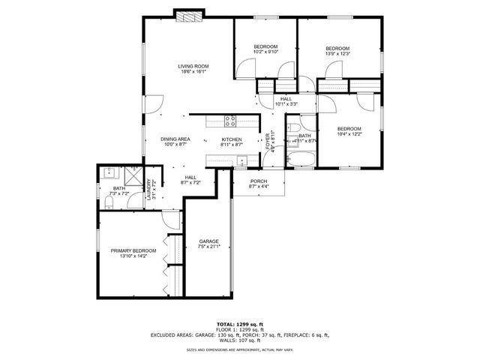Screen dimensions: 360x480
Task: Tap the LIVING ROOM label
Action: click(x=193, y=66)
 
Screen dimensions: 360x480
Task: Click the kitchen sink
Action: click(x=241, y=160)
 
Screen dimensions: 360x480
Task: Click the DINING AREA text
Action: click(x=175, y=139)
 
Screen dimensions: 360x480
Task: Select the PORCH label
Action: click(x=259, y=181)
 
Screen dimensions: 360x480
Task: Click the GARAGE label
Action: click(x=208, y=241)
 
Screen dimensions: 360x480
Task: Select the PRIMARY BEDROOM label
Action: click(x=133, y=250)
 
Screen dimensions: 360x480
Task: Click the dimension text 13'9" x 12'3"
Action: click(x=338, y=53)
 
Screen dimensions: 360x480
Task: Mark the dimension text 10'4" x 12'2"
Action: click(x=349, y=134)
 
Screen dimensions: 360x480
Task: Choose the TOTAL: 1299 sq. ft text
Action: click(x=240, y=325)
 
